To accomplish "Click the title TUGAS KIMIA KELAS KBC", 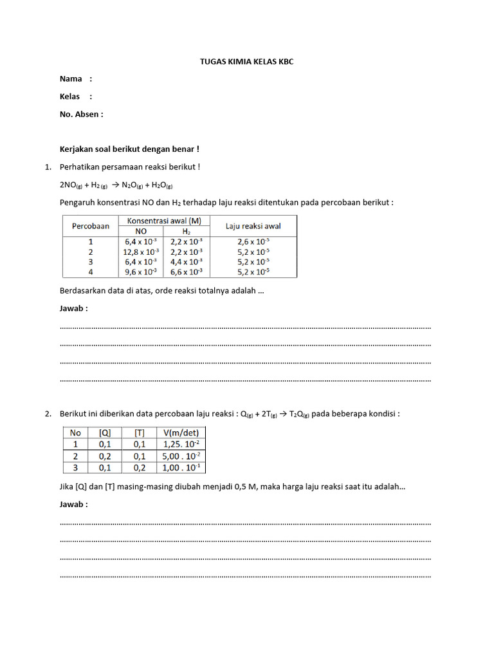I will click(247, 62).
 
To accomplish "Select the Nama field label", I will click(71, 79).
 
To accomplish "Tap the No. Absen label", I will click(81, 115).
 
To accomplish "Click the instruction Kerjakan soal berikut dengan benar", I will click(129, 149).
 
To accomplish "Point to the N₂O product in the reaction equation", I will click(133, 185).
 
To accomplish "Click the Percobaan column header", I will click(90, 227).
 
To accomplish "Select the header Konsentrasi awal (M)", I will click(163, 221).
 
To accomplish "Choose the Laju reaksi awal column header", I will click(253, 227).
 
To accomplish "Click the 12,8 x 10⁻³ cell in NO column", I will click(140, 252).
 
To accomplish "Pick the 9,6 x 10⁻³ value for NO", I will click(140, 272).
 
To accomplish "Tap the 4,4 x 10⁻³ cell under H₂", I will click(187, 262).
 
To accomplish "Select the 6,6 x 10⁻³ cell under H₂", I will click(187, 272).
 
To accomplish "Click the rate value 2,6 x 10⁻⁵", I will click(253, 242).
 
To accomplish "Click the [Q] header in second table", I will click(104, 433).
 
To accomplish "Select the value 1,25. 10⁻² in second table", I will click(181, 445).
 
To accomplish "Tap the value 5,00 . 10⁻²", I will click(181, 456).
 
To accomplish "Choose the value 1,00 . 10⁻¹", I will click(181, 468).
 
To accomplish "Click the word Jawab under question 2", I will click(73, 505).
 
